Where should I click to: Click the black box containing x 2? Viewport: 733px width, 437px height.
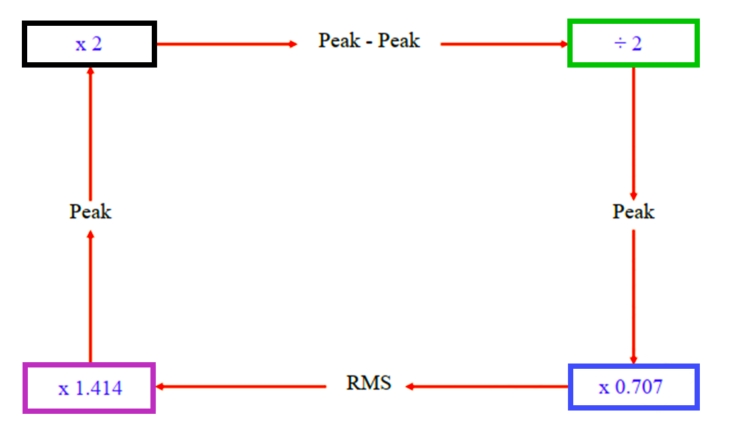point(89,44)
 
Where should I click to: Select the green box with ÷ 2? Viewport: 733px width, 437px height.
point(634,44)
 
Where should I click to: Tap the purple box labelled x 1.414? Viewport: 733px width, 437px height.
point(89,388)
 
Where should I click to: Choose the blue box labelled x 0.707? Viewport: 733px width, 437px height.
point(634,387)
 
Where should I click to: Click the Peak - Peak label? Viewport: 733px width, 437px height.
point(369,41)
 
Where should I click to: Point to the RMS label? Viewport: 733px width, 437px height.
point(368,383)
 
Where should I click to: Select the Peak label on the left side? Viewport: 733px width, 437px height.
point(90,212)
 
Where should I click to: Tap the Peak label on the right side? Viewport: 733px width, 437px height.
point(634,212)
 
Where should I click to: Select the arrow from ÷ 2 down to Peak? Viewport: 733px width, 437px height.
point(634,132)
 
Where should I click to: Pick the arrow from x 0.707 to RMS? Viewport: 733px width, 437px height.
point(487,387)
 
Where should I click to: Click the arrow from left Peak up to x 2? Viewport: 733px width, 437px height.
point(90,132)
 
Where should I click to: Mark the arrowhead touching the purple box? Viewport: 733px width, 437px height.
point(160,387)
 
